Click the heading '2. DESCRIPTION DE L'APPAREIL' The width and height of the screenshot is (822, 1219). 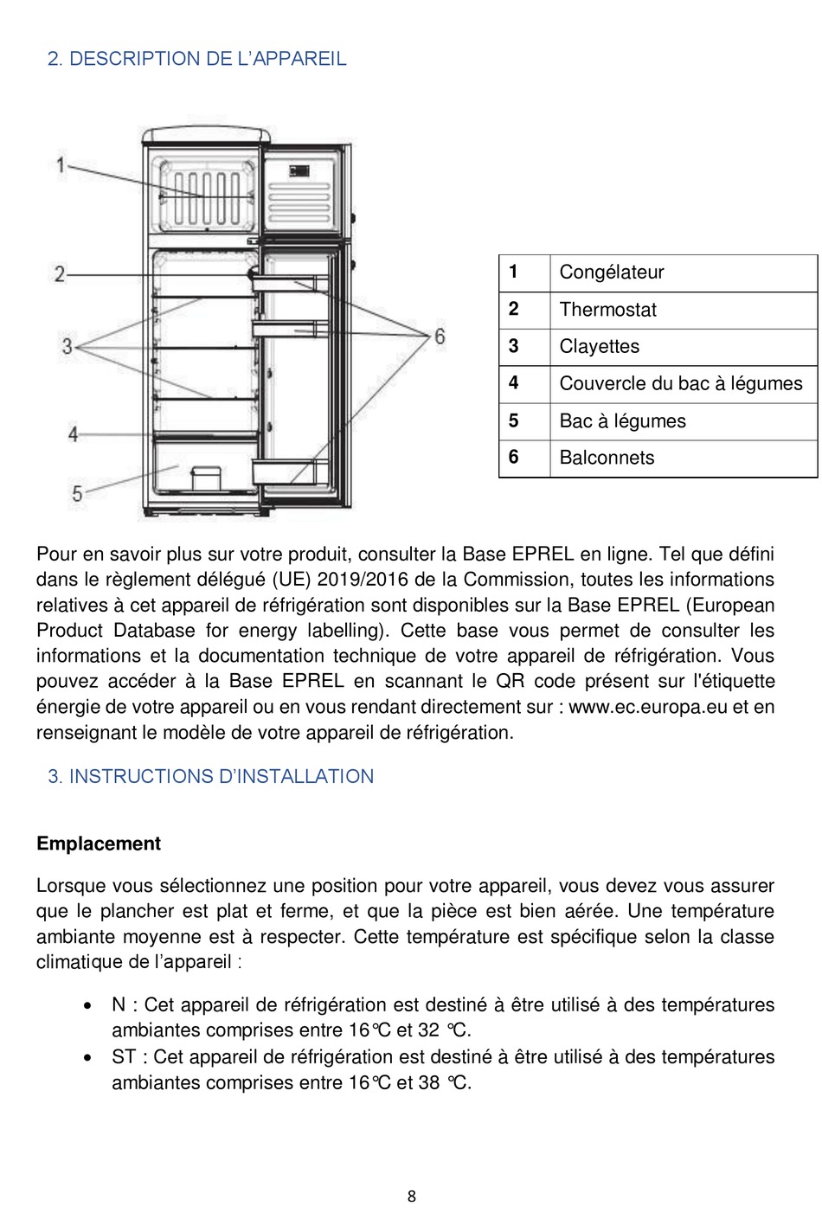[196, 59]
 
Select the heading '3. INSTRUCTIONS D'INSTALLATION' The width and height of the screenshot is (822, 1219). [210, 776]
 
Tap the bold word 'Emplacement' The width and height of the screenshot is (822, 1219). [99, 844]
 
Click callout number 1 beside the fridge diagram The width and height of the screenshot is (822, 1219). [61, 164]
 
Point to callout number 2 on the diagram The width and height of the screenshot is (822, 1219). [60, 274]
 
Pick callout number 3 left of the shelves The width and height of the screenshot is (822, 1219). [67, 346]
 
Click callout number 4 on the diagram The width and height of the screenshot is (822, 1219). [73, 433]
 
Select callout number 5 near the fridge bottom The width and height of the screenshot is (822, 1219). [77, 493]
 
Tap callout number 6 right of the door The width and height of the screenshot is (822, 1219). [440, 336]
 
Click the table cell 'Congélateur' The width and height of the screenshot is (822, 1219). [612, 273]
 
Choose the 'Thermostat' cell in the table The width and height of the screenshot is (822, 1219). [607, 310]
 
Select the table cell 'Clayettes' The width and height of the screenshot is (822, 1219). [599, 347]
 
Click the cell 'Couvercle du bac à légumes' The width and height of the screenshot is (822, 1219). [681, 383]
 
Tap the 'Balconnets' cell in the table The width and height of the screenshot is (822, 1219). [607, 458]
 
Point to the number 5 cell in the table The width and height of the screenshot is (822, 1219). [513, 420]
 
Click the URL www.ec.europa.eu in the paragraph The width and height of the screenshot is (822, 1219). [648, 707]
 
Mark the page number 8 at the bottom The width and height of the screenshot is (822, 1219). [412, 1197]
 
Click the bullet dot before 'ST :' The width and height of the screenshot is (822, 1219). [88, 1057]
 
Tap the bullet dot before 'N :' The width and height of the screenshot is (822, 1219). [88, 1005]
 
